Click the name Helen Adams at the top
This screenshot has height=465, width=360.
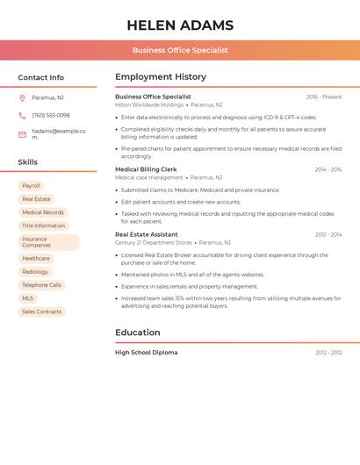[x=180, y=25]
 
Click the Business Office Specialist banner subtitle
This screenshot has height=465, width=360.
[x=180, y=50]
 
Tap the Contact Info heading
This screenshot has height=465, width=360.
[x=41, y=77]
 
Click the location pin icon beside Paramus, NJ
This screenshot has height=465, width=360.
[x=22, y=98]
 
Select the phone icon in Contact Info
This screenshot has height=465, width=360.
[x=22, y=116]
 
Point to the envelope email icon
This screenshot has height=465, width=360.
[x=22, y=134]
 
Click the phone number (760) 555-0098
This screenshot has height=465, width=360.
[x=51, y=116]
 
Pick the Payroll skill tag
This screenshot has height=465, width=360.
[x=31, y=186]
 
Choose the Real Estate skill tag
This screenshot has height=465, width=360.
[x=36, y=199]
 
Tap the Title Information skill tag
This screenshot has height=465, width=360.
[x=44, y=225]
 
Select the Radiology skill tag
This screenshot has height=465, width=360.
[x=35, y=272]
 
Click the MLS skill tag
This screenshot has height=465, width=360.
[x=27, y=298]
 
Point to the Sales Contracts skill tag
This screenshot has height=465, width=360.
[x=42, y=311]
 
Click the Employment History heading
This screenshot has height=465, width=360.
[x=161, y=77]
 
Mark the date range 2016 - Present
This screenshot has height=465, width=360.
[x=324, y=97]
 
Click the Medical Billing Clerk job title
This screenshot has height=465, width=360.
[x=146, y=169]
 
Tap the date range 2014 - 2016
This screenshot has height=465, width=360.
[x=328, y=170]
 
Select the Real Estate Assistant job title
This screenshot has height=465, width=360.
[x=147, y=234]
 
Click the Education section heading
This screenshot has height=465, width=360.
[x=138, y=333]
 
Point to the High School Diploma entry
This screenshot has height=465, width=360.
[x=147, y=353]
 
